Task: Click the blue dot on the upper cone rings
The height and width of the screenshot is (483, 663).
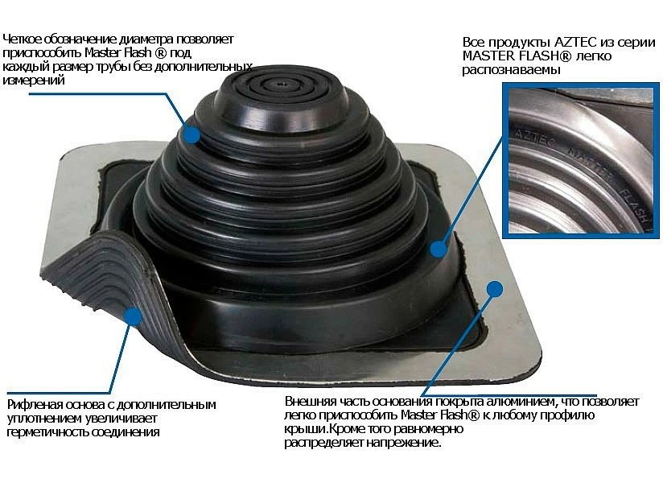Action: click(x=192, y=135)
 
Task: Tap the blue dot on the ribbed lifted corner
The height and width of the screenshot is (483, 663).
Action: click(x=134, y=316)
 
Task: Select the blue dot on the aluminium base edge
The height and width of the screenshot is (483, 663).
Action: click(x=495, y=289)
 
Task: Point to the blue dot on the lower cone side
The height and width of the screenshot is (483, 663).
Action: click(x=439, y=249)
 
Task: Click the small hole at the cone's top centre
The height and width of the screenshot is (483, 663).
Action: click(x=282, y=84)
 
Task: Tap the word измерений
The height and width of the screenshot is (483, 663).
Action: click(x=34, y=80)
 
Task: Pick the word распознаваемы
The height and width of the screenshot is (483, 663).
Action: click(x=511, y=70)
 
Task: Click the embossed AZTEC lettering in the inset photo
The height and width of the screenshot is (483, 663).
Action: click(x=534, y=138)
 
